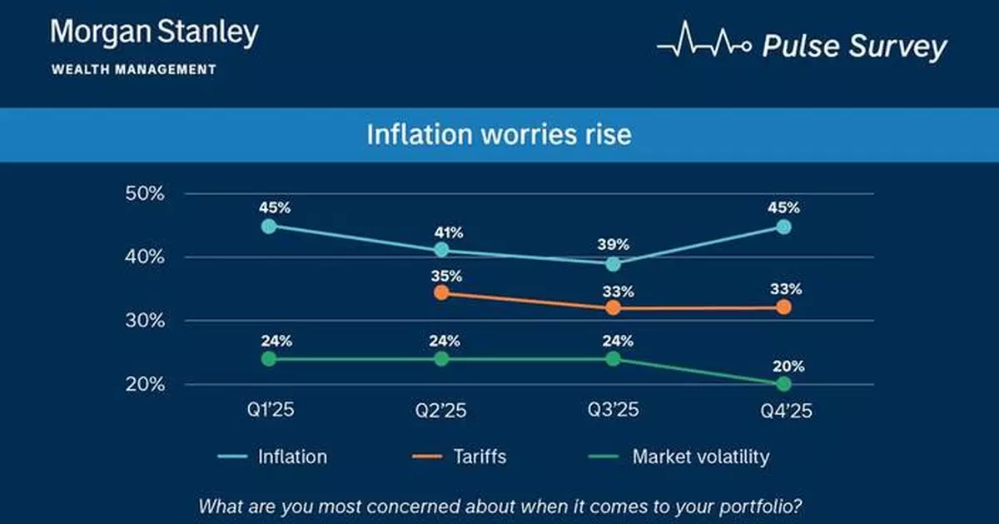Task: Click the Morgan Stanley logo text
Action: point(154,34)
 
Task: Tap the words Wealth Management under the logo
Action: point(134,70)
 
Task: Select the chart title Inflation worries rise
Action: point(499,134)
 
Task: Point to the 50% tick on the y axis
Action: point(145,193)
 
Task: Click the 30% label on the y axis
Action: point(145,321)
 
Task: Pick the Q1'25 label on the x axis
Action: point(268,411)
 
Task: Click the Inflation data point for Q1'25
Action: point(268,226)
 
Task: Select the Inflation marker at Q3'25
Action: point(614,264)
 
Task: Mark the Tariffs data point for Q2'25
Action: point(441,292)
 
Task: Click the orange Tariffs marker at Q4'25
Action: point(783,307)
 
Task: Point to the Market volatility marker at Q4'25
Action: point(783,384)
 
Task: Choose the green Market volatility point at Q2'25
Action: point(441,358)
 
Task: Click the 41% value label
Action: point(441,233)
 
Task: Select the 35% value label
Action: point(441,275)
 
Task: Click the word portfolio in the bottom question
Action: point(767,507)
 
